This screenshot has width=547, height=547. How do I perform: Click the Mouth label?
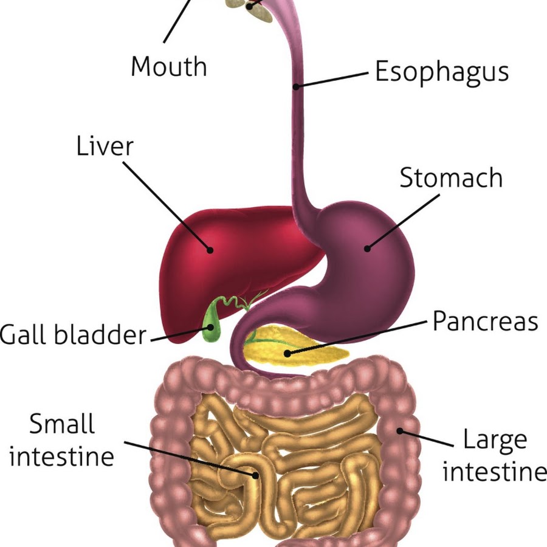pyautogui.click(x=169, y=66)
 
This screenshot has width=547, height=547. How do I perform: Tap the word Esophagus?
pyautogui.click(x=442, y=72)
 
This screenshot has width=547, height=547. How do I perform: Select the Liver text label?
pyautogui.click(x=105, y=146)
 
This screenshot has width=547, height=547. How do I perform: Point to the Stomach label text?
pyautogui.click(x=451, y=177)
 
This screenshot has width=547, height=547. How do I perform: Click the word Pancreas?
pyautogui.click(x=485, y=321)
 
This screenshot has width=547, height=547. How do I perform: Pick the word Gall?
pyautogui.click(x=23, y=334)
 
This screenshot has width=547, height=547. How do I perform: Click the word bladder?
pyautogui.click(x=100, y=334)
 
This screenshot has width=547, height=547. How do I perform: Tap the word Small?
pyautogui.click(x=62, y=424)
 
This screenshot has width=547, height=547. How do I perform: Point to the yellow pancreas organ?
pyautogui.click(x=295, y=346)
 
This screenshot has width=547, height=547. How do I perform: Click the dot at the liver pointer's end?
pyautogui.click(x=210, y=250)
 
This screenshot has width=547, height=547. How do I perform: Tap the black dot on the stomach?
pyautogui.click(x=367, y=249)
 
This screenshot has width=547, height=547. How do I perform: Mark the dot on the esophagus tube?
pyautogui.click(x=296, y=86)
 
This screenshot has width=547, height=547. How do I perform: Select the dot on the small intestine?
pyautogui.click(x=256, y=475)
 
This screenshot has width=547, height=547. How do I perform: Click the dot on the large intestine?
pyautogui.click(x=400, y=431)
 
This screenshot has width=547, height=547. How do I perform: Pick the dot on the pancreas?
pyautogui.click(x=287, y=354)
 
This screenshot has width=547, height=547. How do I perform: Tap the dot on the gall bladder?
pyautogui.click(x=211, y=327)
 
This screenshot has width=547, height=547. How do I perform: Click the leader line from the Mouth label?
pyautogui.click(x=177, y=21)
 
